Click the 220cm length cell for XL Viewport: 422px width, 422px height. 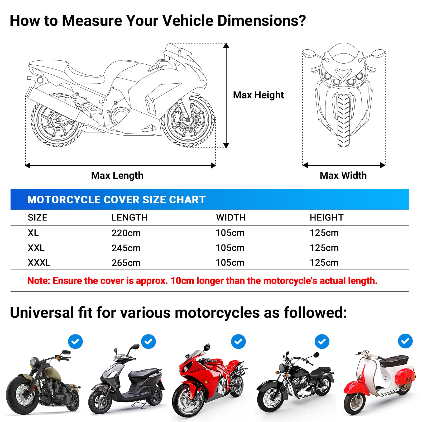(x=126, y=233)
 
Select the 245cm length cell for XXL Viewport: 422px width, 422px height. (x=126, y=248)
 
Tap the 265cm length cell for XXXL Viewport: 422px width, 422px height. (x=126, y=263)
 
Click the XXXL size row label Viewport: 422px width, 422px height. (x=39, y=263)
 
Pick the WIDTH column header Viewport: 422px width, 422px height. (x=231, y=218)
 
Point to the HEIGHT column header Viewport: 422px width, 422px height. (x=327, y=218)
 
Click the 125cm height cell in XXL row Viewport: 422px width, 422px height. (x=324, y=248)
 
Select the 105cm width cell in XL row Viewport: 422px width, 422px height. (x=230, y=233)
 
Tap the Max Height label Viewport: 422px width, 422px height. (x=258, y=95)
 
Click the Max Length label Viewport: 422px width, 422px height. (x=117, y=175)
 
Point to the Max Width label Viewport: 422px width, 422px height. (x=343, y=175)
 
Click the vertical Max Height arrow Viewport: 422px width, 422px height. (x=226, y=95)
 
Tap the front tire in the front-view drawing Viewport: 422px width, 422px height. (x=343, y=120)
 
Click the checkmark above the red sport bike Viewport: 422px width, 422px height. (x=238, y=342)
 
